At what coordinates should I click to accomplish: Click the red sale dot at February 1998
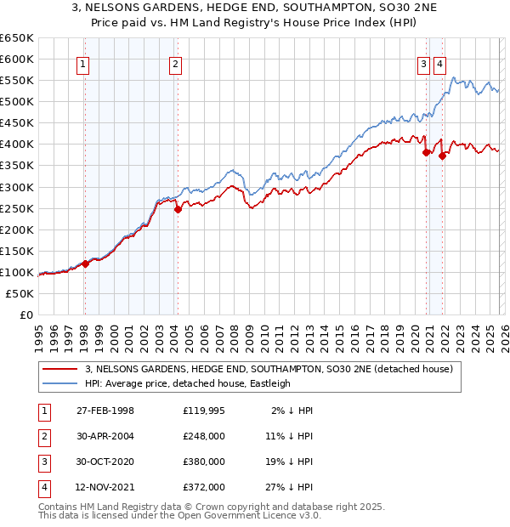coord(85,263)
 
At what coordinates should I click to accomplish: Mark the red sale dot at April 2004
coord(178,209)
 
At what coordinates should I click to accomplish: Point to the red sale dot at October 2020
coord(426,153)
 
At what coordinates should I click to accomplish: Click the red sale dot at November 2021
coord(442,156)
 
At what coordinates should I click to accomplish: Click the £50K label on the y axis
coord(20,293)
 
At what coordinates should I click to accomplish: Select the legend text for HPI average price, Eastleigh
coord(188,383)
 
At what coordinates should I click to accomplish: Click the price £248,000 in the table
coord(203,436)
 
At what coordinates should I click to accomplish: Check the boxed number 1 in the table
coord(42,411)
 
